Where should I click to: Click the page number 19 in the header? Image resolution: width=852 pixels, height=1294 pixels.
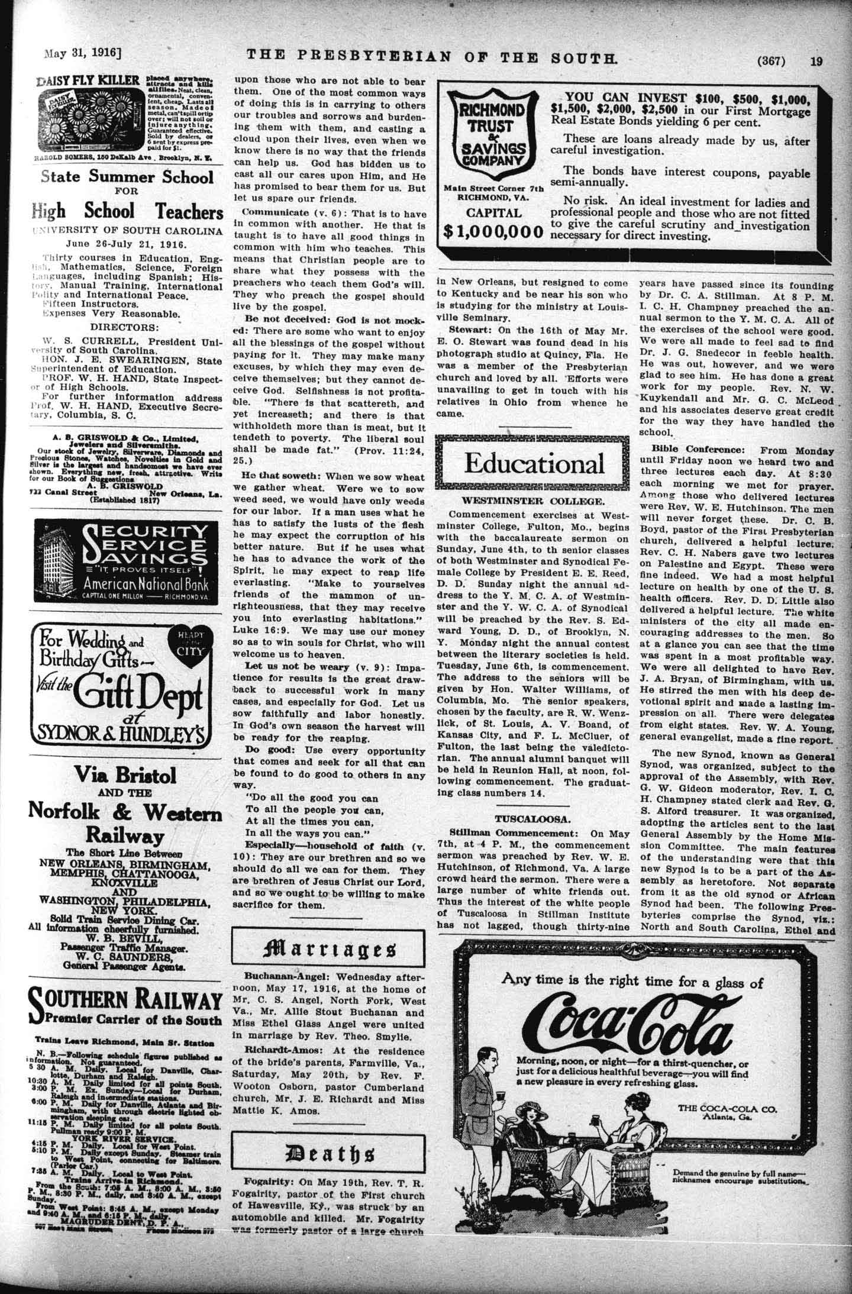(x=816, y=61)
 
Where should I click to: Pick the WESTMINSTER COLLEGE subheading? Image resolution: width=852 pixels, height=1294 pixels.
(x=533, y=501)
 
